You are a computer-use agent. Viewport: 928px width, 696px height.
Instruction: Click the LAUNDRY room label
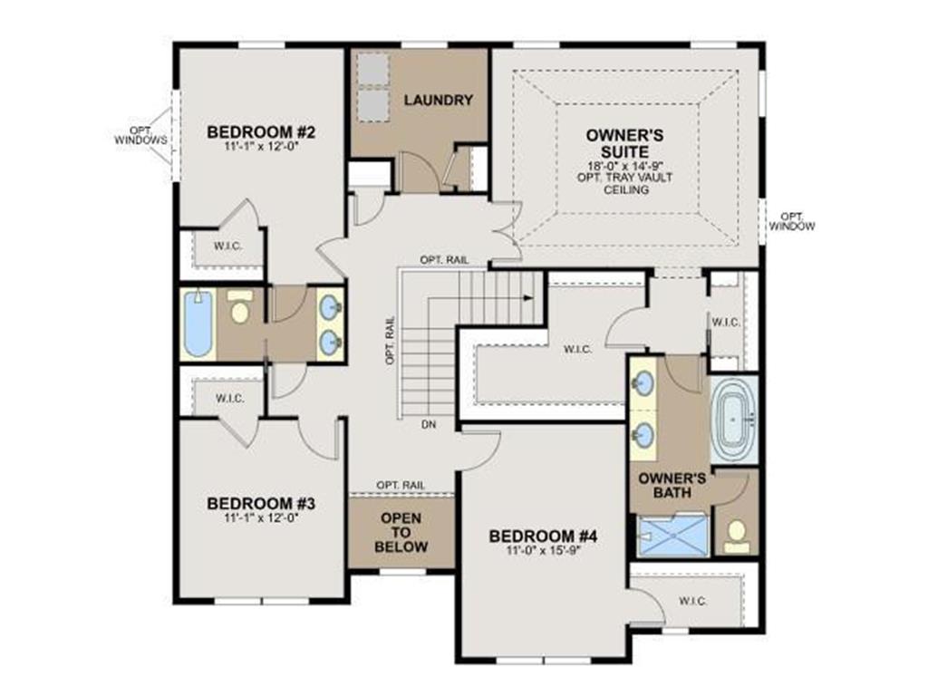point(439,100)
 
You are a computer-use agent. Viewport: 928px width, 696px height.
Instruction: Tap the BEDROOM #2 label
point(261,131)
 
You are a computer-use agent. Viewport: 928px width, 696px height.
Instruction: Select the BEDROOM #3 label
point(261,504)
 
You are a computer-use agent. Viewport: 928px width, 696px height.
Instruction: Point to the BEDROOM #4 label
point(544,536)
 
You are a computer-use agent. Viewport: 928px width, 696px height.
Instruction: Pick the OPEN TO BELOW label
point(401,532)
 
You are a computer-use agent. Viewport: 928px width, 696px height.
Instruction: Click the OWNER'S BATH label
point(672,485)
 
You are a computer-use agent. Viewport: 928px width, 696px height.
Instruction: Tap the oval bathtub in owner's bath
point(734,420)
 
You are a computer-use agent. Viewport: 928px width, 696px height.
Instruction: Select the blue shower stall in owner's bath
point(673,536)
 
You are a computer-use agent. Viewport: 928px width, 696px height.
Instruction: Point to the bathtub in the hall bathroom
point(197,324)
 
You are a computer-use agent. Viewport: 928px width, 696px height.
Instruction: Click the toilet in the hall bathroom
point(239,306)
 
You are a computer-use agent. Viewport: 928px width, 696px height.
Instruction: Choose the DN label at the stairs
point(429,424)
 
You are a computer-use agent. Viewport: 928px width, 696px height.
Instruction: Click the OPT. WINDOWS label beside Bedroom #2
point(140,136)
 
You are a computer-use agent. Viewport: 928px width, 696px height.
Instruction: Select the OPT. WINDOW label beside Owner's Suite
point(792,221)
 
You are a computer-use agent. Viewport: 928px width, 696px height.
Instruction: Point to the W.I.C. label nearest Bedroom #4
point(692,602)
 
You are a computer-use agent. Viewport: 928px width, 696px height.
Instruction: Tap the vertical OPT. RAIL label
point(390,345)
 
